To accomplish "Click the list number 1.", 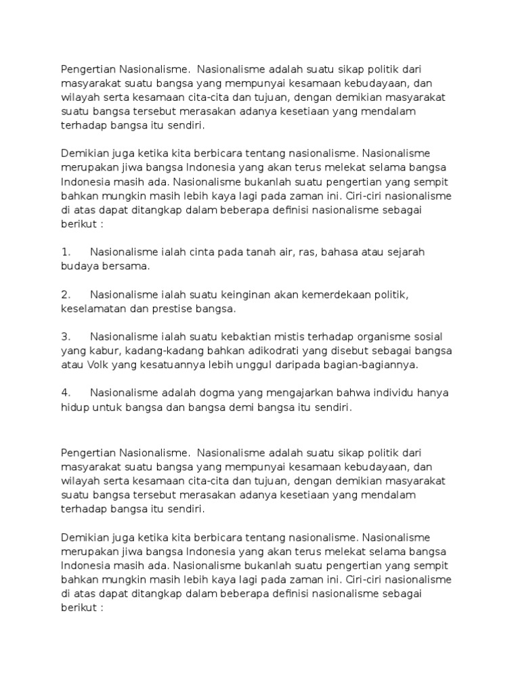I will point(66,252).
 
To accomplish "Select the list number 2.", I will point(66,294).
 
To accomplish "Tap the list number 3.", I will point(66,336).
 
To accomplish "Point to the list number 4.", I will point(66,393).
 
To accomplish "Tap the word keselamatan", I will point(94,309).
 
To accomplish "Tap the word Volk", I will point(101,365).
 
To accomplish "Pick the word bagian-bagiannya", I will point(374,365).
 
